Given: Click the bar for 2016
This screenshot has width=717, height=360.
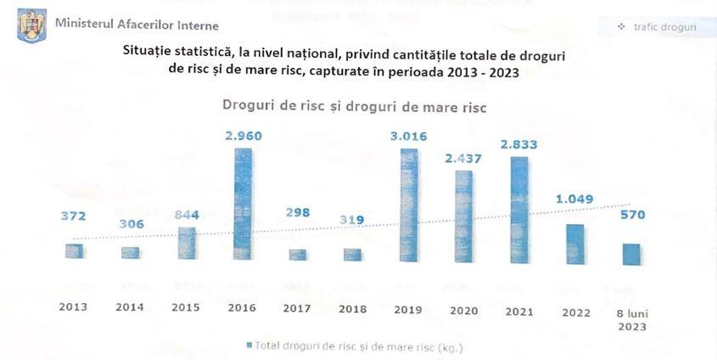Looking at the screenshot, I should [243, 204].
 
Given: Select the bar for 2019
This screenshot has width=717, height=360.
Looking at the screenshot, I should [408, 204].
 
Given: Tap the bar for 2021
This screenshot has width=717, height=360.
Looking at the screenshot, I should [519, 208].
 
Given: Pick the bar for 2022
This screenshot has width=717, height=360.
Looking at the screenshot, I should [574, 242].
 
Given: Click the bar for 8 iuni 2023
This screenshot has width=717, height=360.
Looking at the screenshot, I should [630, 254].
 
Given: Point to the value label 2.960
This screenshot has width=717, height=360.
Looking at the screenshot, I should [243, 135].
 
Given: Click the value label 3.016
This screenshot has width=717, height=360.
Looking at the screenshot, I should [408, 135].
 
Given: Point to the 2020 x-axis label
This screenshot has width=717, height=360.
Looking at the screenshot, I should [463, 312].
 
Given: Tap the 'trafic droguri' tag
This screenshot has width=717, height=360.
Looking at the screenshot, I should [658, 27].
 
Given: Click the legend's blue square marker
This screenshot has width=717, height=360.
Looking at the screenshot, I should [249, 346].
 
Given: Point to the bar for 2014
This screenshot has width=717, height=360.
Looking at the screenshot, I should [130, 253].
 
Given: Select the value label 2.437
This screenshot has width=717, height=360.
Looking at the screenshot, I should [463, 157].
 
